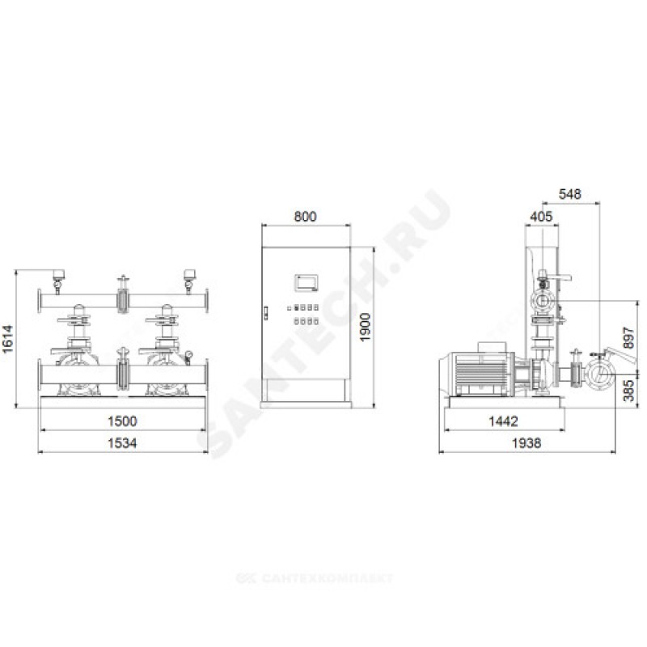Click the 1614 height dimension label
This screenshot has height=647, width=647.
click(8, 339)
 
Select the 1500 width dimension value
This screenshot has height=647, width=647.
click(122, 421)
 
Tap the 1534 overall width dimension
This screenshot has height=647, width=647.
click(122, 443)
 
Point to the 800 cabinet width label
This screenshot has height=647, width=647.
click(306, 216)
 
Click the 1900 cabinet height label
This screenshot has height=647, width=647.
click(366, 328)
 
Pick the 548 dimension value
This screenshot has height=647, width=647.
click(570, 194)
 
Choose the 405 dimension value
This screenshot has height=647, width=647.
click(541, 216)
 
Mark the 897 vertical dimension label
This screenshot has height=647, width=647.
click(628, 338)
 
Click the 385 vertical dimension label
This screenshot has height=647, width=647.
click(628, 391)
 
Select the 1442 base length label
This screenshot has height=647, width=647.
click(503, 421)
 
